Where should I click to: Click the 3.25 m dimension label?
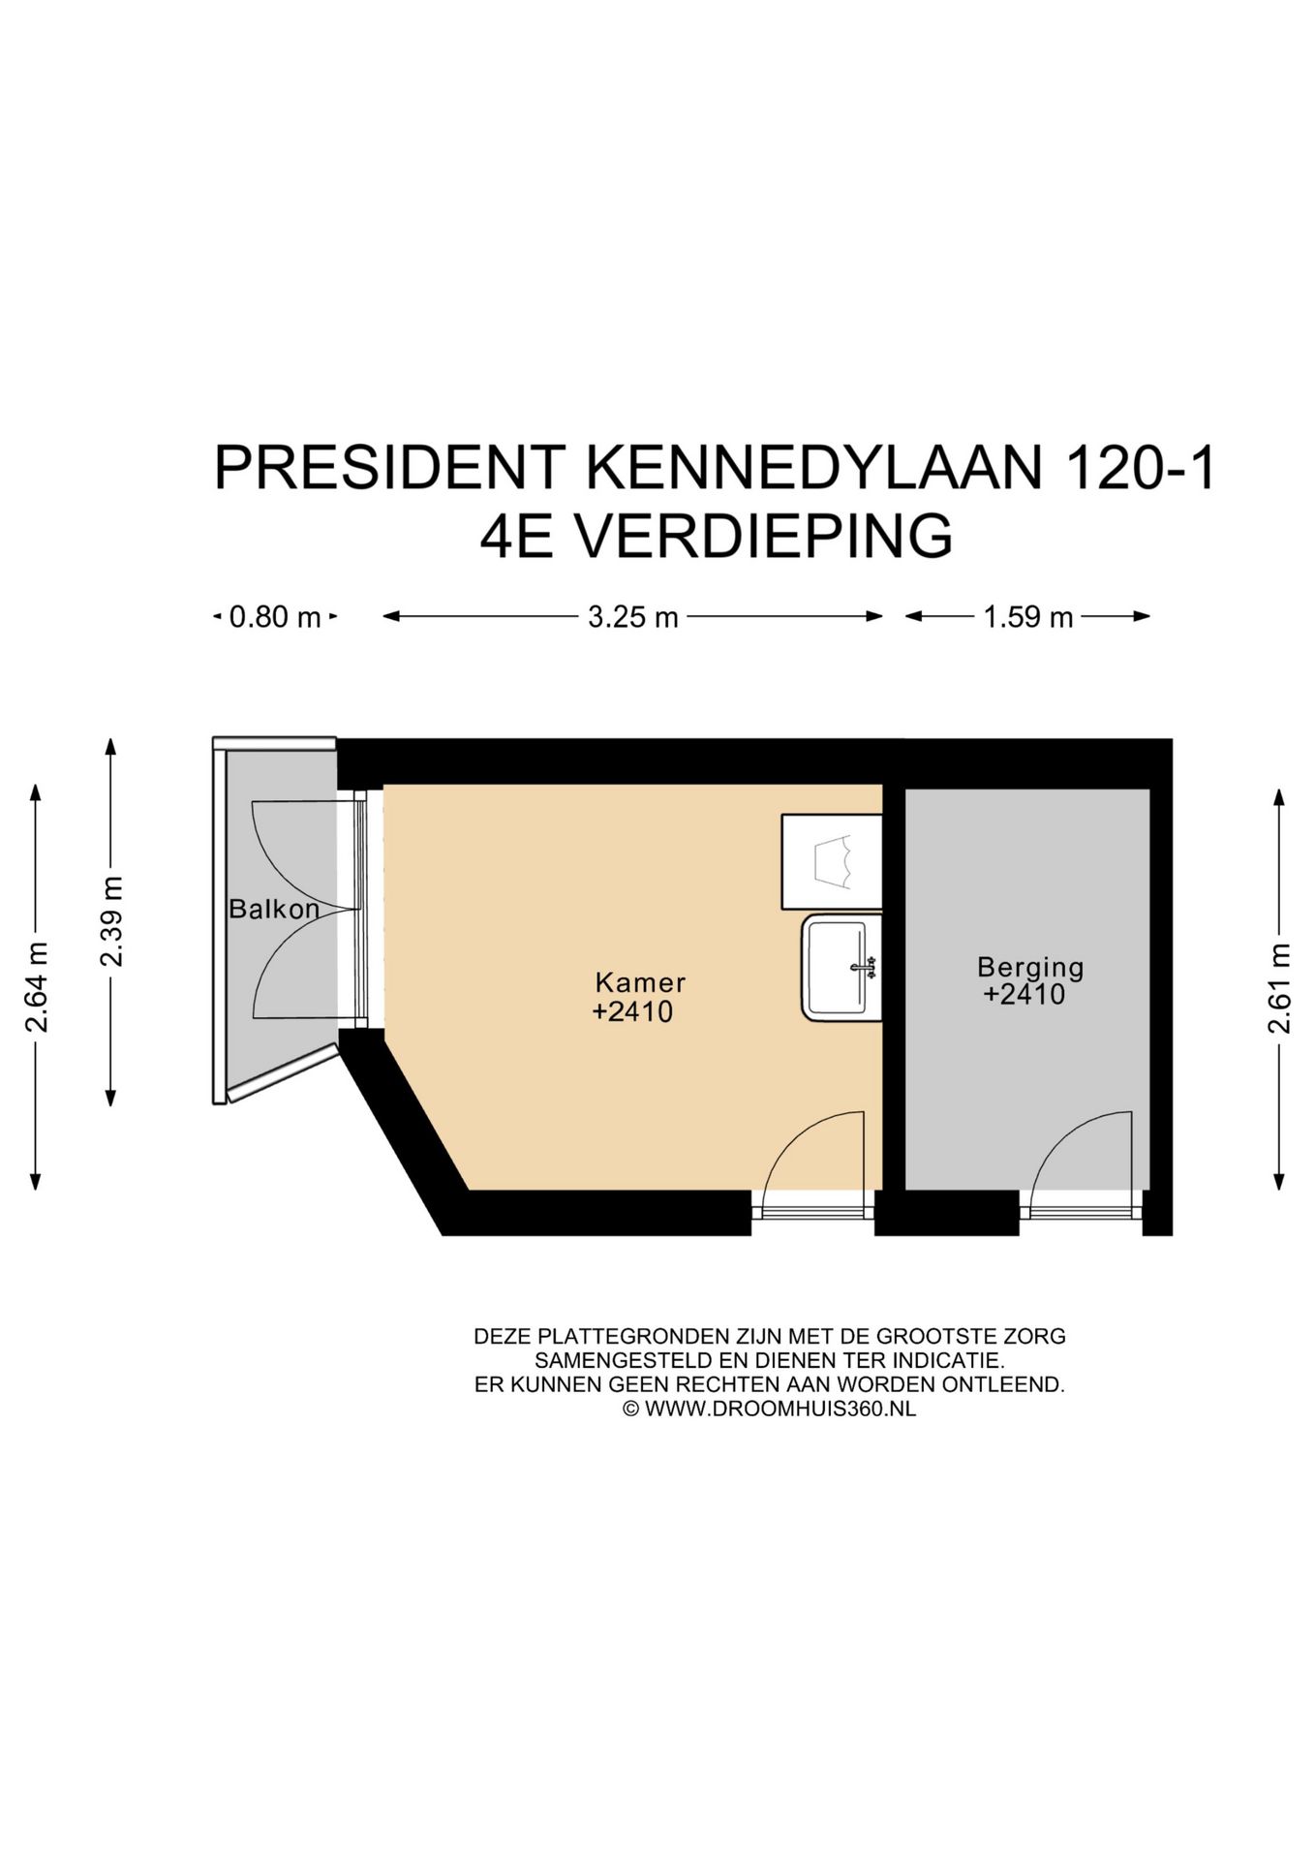[x=632, y=617]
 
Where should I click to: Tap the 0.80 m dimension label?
[x=274, y=617]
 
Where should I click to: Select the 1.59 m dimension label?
[x=1027, y=617]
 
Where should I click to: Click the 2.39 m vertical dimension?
[x=111, y=921]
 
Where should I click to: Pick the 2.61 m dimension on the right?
[x=1279, y=988]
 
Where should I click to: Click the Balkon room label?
[x=274, y=910]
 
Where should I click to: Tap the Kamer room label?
[x=640, y=982]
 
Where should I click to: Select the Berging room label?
[x=1029, y=967]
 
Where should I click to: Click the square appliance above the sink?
[x=832, y=861]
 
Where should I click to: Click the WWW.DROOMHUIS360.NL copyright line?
[x=769, y=1410]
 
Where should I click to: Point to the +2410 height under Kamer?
[x=632, y=1012]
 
